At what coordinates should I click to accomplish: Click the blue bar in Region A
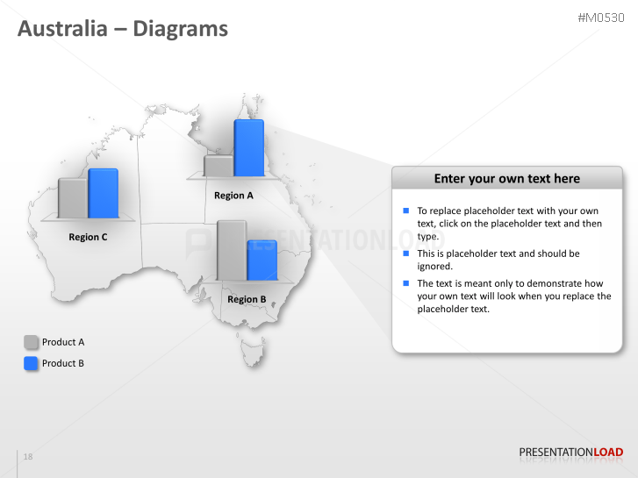(248, 148)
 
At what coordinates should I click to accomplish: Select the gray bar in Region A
(218, 166)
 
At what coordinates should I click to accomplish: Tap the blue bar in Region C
(103, 193)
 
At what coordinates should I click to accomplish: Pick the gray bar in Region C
(72, 197)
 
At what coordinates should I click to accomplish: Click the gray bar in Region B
(231, 250)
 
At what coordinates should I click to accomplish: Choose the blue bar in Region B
(262, 260)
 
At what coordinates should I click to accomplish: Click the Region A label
(233, 196)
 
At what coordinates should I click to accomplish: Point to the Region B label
(247, 299)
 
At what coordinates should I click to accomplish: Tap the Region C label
(88, 237)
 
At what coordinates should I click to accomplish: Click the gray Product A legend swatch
(31, 342)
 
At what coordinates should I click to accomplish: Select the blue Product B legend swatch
(31, 363)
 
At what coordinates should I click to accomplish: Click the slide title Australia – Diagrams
(123, 29)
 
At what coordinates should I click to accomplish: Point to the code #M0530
(600, 18)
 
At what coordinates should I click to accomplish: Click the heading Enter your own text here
(507, 178)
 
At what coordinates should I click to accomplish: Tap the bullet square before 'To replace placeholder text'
(406, 210)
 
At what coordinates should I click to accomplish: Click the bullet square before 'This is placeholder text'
(406, 253)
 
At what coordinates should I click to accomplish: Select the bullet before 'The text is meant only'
(406, 283)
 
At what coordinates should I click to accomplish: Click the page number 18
(28, 457)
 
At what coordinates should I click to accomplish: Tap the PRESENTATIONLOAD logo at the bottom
(570, 453)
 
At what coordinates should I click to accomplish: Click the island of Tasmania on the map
(253, 353)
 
